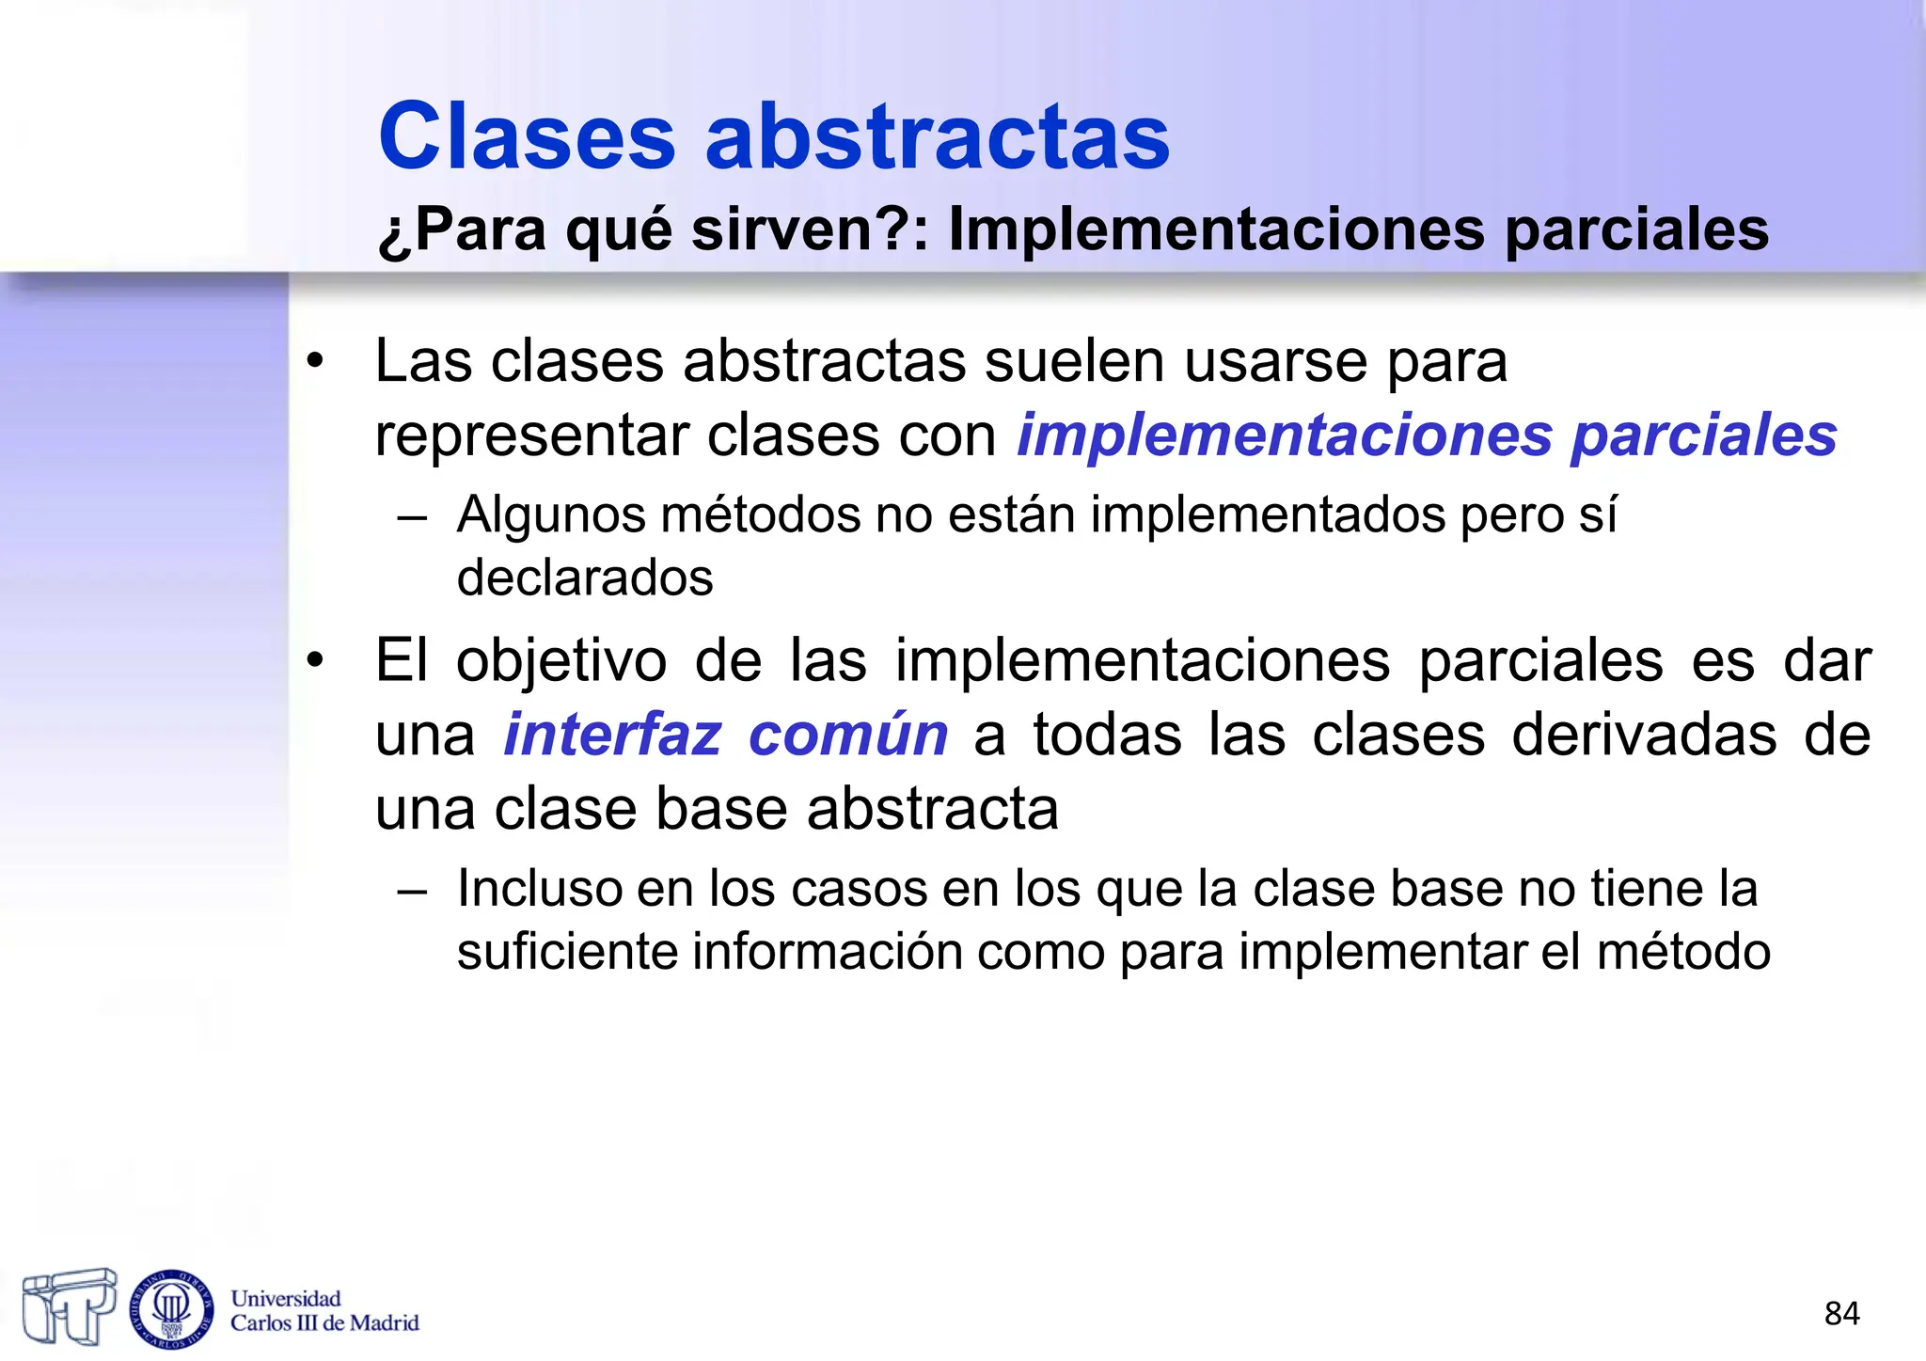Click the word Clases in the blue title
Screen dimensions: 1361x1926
[x=527, y=136]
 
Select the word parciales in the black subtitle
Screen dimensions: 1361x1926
[x=1636, y=230]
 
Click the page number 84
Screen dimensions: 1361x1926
[x=1841, y=1313]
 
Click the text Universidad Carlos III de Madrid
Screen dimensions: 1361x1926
[x=324, y=1311]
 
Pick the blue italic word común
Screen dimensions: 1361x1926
[x=847, y=735]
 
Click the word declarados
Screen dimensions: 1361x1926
[x=585, y=578]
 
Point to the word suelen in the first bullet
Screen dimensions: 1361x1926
[x=1076, y=360]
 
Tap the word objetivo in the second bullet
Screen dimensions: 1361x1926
[x=561, y=660]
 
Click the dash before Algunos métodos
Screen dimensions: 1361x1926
[x=412, y=517]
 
